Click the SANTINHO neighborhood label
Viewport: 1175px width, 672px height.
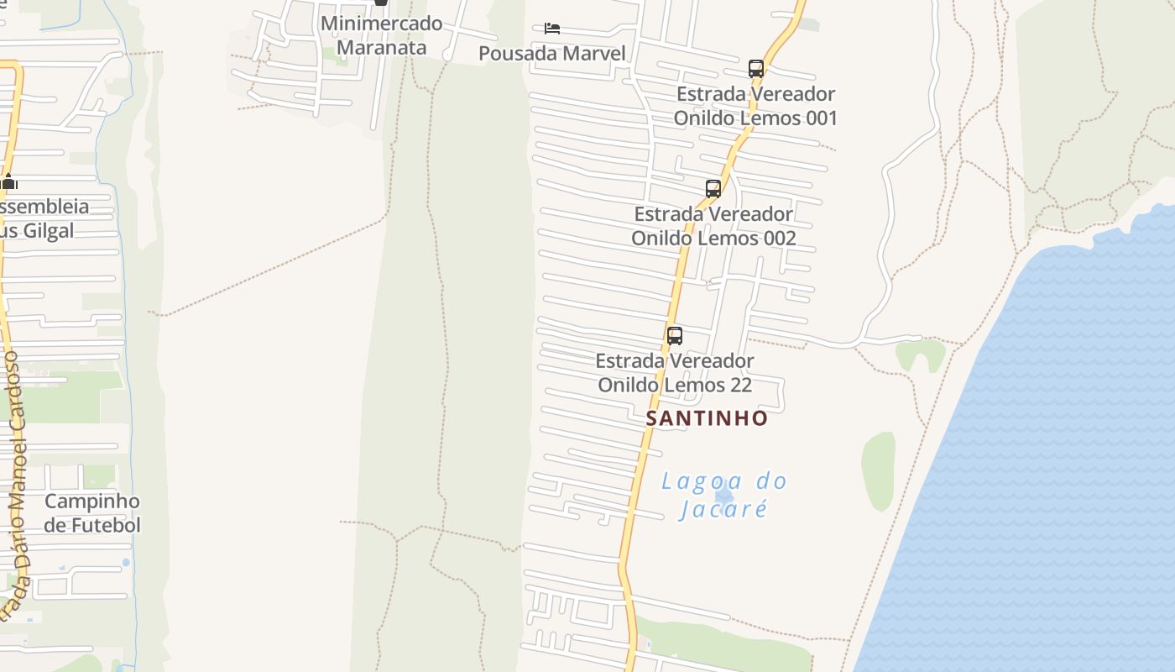click(707, 417)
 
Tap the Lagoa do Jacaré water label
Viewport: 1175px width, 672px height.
click(723, 495)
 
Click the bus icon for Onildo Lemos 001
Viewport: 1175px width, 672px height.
click(756, 68)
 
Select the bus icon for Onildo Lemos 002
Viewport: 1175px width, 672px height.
click(713, 188)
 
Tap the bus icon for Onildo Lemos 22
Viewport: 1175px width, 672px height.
click(675, 336)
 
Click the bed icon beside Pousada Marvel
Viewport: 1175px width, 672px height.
click(551, 29)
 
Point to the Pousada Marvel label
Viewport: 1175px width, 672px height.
click(552, 54)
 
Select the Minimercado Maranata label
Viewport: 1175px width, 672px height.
click(381, 34)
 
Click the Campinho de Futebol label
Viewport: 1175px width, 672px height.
click(92, 513)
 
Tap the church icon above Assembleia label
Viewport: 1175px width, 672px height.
click(9, 181)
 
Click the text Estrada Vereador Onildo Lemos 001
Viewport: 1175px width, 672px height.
click(755, 106)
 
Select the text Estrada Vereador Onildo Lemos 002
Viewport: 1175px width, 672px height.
click(713, 226)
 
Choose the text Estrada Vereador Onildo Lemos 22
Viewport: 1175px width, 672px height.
click(675, 373)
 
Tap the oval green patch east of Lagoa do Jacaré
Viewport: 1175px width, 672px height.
click(879, 470)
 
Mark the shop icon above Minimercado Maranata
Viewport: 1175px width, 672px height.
click(381, 3)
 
